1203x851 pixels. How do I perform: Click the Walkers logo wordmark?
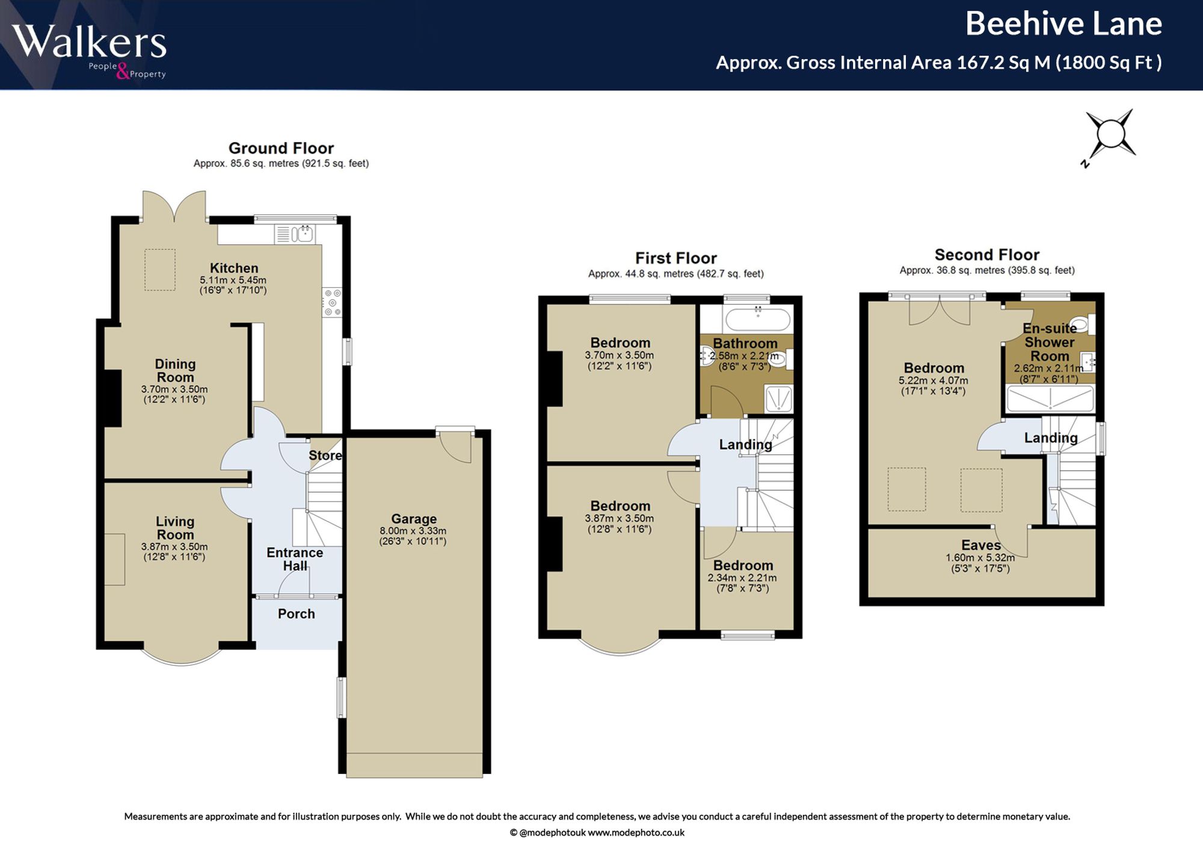pyautogui.click(x=88, y=42)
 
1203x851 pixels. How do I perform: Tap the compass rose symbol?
pyautogui.click(x=1110, y=136)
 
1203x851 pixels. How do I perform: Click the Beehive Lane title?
pyautogui.click(x=1063, y=25)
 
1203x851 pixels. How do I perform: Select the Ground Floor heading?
pyautogui.click(x=281, y=148)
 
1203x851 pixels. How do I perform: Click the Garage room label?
pyautogui.click(x=414, y=519)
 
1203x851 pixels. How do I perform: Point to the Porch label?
pyautogui.click(x=297, y=614)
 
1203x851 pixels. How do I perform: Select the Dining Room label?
pyautogui.click(x=175, y=371)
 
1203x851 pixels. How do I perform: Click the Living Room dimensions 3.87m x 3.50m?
pyautogui.click(x=174, y=547)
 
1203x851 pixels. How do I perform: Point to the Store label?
pyautogui.click(x=325, y=456)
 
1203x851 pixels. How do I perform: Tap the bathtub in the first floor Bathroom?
pyautogui.click(x=758, y=318)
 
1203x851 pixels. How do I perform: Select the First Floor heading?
pyautogui.click(x=676, y=258)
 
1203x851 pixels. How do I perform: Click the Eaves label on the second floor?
pyautogui.click(x=981, y=545)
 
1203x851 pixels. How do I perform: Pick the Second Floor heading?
pyautogui.click(x=987, y=255)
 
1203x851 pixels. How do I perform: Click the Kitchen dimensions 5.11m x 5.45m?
pyautogui.click(x=233, y=280)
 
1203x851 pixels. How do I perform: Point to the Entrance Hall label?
pyautogui.click(x=295, y=559)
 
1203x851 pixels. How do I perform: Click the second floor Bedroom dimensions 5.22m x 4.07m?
pyautogui.click(x=934, y=381)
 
